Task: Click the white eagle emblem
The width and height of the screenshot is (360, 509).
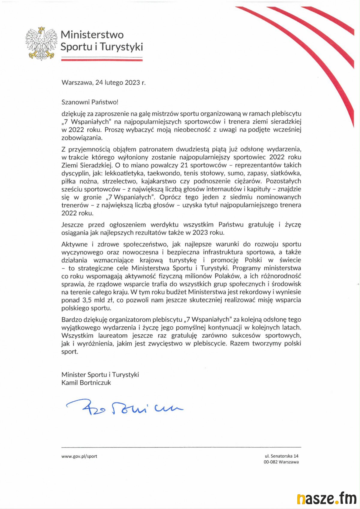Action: [x=41, y=44]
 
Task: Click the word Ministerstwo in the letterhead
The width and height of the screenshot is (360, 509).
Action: [x=92, y=35]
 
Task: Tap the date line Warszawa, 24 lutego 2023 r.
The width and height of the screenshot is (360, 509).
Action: [x=103, y=83]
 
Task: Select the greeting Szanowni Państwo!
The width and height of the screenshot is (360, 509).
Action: [x=90, y=102]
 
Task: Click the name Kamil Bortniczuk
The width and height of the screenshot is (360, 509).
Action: [x=86, y=383]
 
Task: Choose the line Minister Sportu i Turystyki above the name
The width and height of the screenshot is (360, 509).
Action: [x=100, y=375]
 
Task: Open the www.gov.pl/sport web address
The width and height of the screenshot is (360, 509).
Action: [x=79, y=456]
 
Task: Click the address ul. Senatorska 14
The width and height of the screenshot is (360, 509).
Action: [x=281, y=456]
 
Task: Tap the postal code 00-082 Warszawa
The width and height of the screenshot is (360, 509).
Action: [x=281, y=462]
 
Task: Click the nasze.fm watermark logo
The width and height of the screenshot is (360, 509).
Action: [x=326, y=498]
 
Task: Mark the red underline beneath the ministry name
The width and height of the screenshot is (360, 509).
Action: [x=102, y=60]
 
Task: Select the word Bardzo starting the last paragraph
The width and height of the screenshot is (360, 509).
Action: [x=71, y=320]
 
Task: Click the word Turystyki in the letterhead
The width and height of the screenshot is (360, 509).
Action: [x=121, y=47]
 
